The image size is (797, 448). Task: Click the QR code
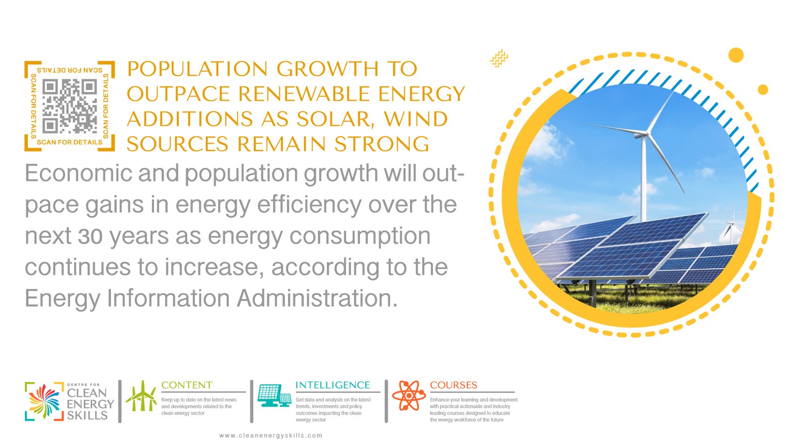[69, 106]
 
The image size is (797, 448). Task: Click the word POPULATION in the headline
[197, 69]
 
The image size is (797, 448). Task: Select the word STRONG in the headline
[382, 144]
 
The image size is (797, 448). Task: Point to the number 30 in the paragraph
[90, 236]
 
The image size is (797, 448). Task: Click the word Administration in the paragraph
[317, 298]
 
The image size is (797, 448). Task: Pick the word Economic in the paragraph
[78, 173]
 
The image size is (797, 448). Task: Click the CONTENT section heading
[187, 385]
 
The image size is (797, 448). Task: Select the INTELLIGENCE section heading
[333, 385]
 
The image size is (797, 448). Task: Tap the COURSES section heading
[454, 385]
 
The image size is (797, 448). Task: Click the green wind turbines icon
[141, 396]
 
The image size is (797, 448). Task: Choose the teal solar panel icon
[274, 395]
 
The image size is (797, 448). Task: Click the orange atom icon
[409, 395]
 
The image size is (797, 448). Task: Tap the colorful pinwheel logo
[44, 401]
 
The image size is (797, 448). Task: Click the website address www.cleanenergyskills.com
[271, 436]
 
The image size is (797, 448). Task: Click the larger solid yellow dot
[736, 55]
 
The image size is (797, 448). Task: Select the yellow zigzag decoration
[499, 58]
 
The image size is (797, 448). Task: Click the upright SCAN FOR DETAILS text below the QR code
[69, 142]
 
